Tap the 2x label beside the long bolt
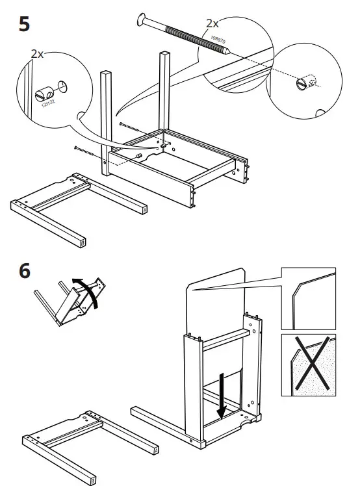coord(212,23)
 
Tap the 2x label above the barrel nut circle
coord(37,55)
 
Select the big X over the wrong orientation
coord(308,365)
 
